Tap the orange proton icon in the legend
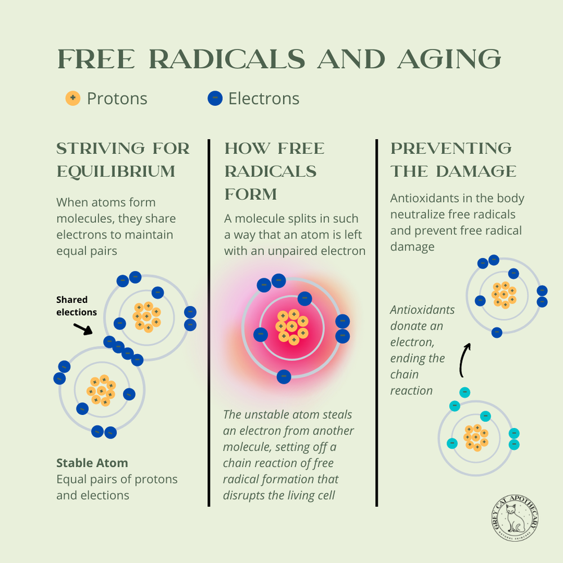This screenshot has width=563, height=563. (x=73, y=99)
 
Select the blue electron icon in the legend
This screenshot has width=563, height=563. (x=215, y=99)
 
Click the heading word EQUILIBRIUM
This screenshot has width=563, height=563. (x=115, y=171)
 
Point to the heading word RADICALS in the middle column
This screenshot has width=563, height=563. (x=270, y=171)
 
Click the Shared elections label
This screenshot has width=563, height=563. (x=77, y=306)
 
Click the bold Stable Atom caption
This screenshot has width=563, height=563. (x=92, y=463)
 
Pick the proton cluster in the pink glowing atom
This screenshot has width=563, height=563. (x=292, y=327)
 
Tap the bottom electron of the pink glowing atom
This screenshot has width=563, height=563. (x=284, y=377)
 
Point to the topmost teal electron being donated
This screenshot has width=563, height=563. (x=464, y=392)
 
